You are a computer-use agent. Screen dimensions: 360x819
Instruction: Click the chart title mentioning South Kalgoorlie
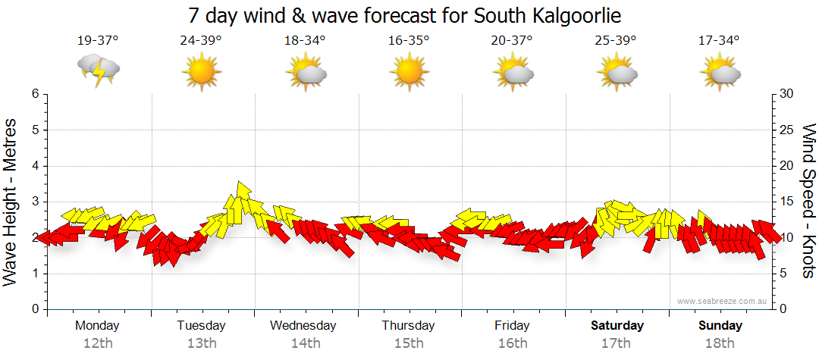[x=409, y=15]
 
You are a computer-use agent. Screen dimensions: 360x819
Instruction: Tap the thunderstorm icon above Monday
[x=99, y=70]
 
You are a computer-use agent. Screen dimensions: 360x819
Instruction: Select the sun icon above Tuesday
[x=201, y=72]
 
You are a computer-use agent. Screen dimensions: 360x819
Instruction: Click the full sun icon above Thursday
[x=409, y=72]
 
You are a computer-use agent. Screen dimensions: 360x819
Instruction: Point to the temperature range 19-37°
[x=97, y=41]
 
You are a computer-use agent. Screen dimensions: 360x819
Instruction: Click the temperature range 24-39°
[x=201, y=41]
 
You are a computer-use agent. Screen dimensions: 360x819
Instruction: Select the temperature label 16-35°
[x=409, y=41]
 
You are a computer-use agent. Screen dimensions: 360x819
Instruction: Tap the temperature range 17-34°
[x=719, y=41]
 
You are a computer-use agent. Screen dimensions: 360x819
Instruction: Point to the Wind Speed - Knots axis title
[x=808, y=201]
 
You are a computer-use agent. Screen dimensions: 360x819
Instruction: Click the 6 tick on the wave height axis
[x=34, y=94]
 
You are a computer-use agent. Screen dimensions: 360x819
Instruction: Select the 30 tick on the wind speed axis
[x=787, y=94]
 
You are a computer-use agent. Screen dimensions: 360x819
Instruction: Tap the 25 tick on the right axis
[x=787, y=130]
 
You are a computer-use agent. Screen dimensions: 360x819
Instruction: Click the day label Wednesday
[x=303, y=326]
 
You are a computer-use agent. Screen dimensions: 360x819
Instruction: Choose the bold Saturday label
[x=617, y=326]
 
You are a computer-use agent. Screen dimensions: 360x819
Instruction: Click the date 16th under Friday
[x=513, y=343]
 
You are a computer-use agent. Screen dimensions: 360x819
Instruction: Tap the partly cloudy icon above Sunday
[x=720, y=72]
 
